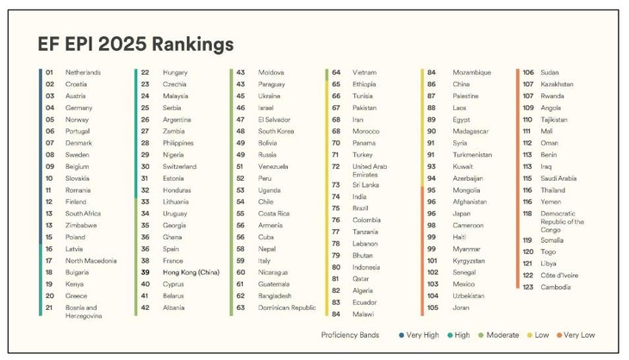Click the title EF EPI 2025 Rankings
coord(135,43)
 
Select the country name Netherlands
coord(83,72)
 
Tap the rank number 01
coord(50,72)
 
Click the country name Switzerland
coord(179,166)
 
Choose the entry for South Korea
coord(277,131)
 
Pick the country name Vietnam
coord(364,72)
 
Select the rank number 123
coord(527,287)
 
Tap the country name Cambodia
coord(555,287)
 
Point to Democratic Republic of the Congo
coord(562,221)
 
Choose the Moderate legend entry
coord(502,334)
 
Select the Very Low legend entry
coord(579,334)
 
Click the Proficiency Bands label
coord(351,334)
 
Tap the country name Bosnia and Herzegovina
coord(84,312)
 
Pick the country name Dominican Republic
coord(287,307)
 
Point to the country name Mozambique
coord(472,72)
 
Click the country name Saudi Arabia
coord(558,178)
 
